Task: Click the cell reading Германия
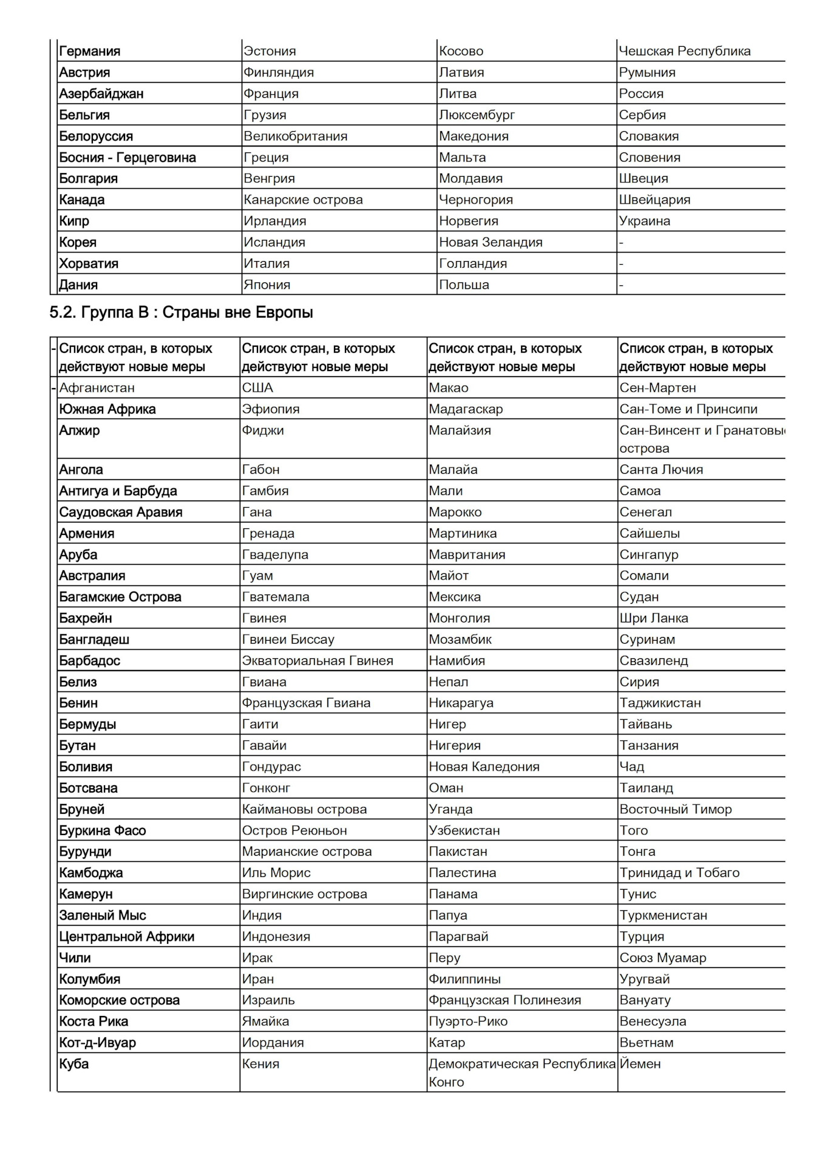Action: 89,51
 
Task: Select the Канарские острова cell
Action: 303,200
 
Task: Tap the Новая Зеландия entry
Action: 491,242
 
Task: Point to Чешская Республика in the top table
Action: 684,51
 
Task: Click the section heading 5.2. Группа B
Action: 181,313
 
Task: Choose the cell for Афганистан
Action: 97,387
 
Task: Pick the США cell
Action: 257,387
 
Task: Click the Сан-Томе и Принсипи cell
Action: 688,409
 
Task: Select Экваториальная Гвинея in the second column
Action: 317,661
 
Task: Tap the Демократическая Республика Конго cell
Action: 522,1072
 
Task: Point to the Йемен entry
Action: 640,1064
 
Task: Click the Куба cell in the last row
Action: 73,1064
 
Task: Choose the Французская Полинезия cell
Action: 505,1000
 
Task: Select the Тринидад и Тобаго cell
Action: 679,873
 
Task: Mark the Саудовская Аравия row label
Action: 120,512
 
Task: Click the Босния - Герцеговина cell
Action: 127,157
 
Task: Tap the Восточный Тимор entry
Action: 675,809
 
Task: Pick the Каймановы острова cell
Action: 304,809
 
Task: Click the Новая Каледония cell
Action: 484,766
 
